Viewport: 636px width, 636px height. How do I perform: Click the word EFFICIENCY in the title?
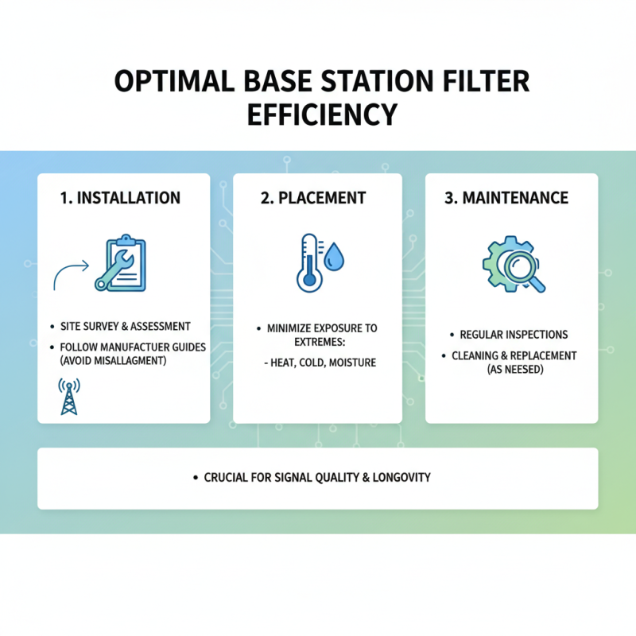(x=322, y=114)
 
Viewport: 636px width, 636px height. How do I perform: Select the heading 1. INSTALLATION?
(x=120, y=197)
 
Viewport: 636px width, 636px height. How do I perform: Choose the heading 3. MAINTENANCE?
(x=506, y=197)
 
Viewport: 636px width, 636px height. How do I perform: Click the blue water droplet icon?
(x=334, y=256)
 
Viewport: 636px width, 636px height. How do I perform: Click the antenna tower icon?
(x=70, y=397)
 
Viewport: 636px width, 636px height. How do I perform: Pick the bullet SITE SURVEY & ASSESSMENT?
(x=126, y=326)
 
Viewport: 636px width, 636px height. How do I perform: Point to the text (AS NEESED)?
(x=514, y=369)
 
